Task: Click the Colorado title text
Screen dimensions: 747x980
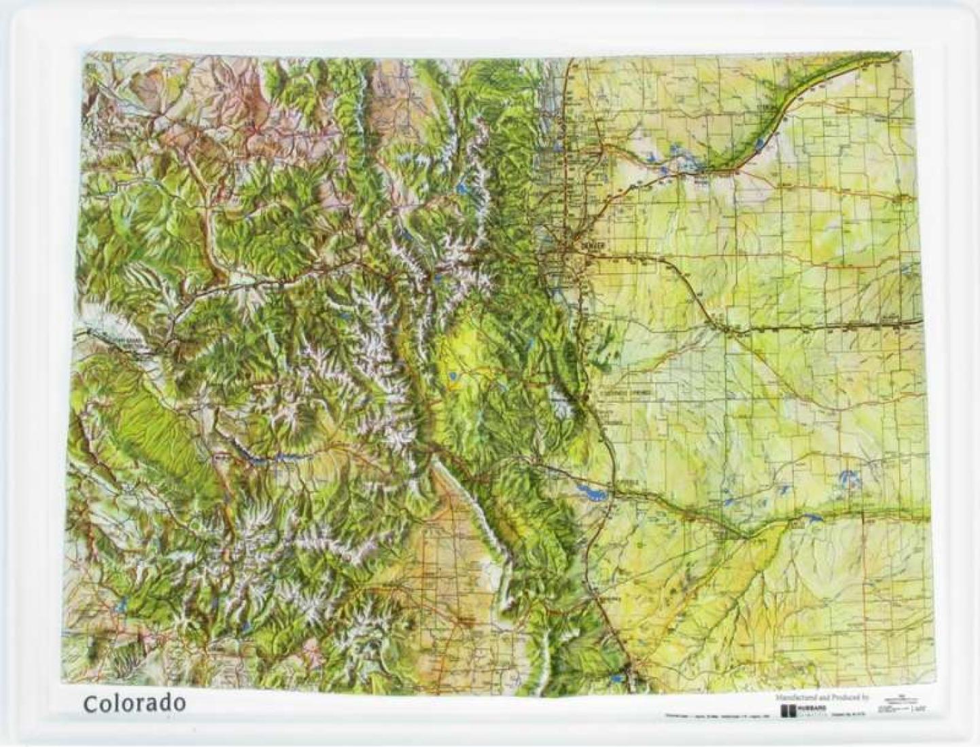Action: [134, 703]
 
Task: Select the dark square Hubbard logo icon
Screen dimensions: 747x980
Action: [788, 710]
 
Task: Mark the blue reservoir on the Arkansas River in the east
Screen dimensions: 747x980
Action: [809, 520]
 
